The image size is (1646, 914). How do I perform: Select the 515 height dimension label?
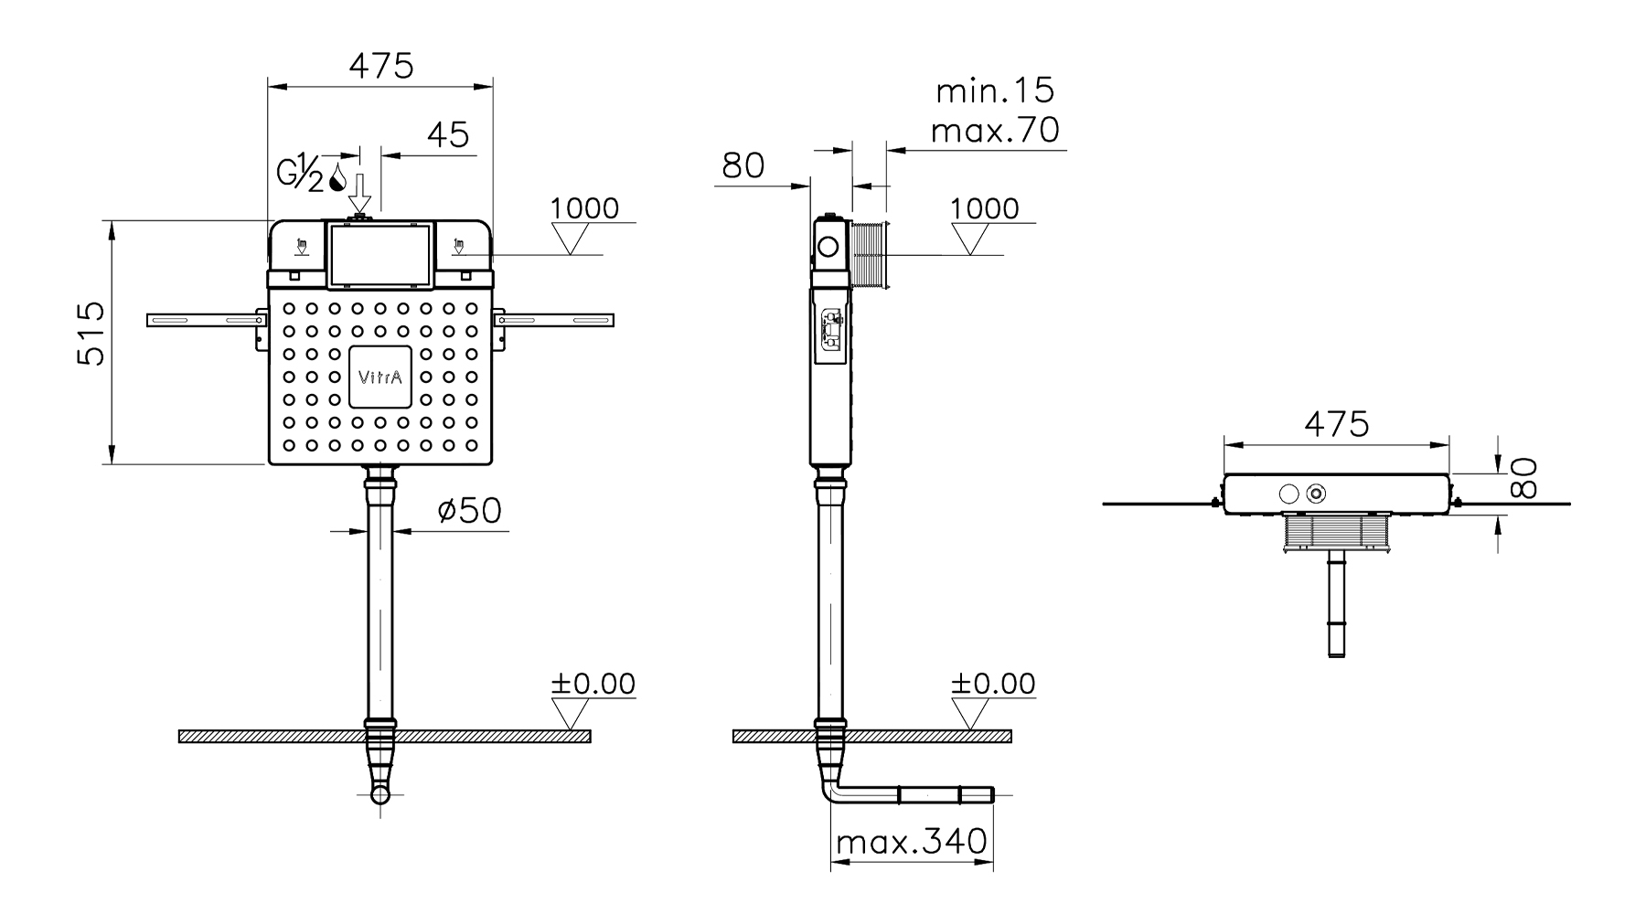(91, 335)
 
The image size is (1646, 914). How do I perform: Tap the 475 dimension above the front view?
(382, 66)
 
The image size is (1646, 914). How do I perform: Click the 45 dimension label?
(448, 135)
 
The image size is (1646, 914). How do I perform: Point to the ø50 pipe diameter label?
(470, 510)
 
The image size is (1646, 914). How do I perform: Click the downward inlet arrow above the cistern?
(361, 194)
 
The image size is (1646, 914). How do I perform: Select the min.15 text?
(995, 90)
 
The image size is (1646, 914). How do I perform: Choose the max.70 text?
(995, 131)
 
